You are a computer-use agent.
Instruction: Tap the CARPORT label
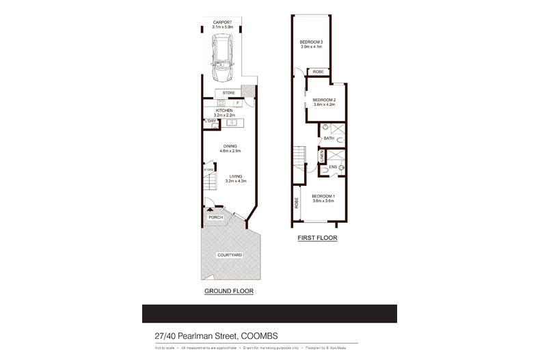pos(221,23)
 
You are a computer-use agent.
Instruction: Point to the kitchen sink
pos(231,123)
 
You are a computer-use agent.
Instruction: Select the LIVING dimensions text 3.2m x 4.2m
pos(237,180)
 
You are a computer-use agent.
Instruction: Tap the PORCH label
pos(216,217)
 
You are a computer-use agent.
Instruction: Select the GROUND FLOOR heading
pos(229,291)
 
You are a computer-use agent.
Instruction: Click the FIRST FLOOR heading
pos(317,238)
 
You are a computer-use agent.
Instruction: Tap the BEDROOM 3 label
pos(311,42)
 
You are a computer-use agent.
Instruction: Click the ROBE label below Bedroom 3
pos(318,72)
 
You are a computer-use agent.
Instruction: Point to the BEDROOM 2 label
pos(324,100)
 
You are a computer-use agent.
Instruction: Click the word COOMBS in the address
pos(260,335)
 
